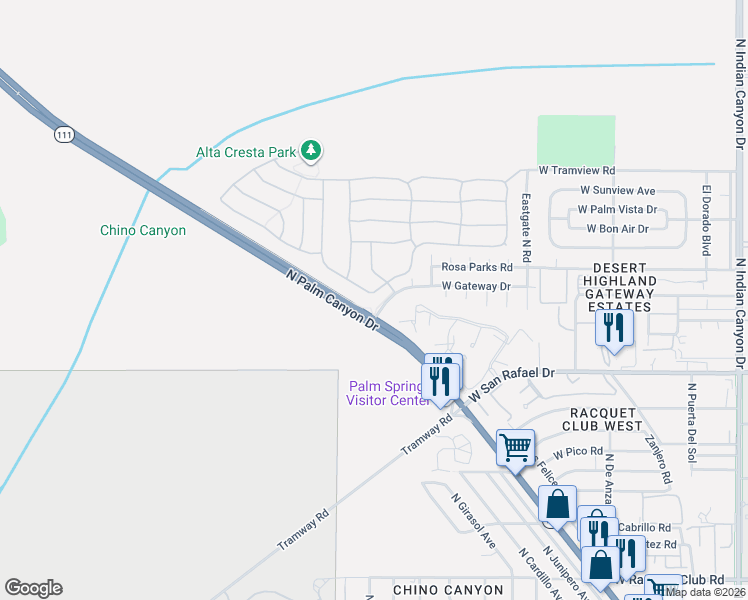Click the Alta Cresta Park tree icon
click(x=312, y=151)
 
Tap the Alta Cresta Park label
click(x=246, y=153)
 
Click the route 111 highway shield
click(x=65, y=134)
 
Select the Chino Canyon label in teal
click(x=143, y=230)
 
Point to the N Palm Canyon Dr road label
click(x=334, y=300)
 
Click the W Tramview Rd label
click(x=577, y=171)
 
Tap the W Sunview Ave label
click(x=617, y=190)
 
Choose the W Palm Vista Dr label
click(x=617, y=210)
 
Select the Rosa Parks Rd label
click(x=477, y=267)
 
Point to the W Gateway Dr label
click(x=476, y=286)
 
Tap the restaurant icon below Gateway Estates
click(x=612, y=327)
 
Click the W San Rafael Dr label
click(x=511, y=383)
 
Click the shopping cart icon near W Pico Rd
click(x=515, y=447)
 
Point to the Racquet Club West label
click(x=604, y=419)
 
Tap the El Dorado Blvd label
click(x=706, y=220)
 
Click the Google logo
click(x=33, y=587)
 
